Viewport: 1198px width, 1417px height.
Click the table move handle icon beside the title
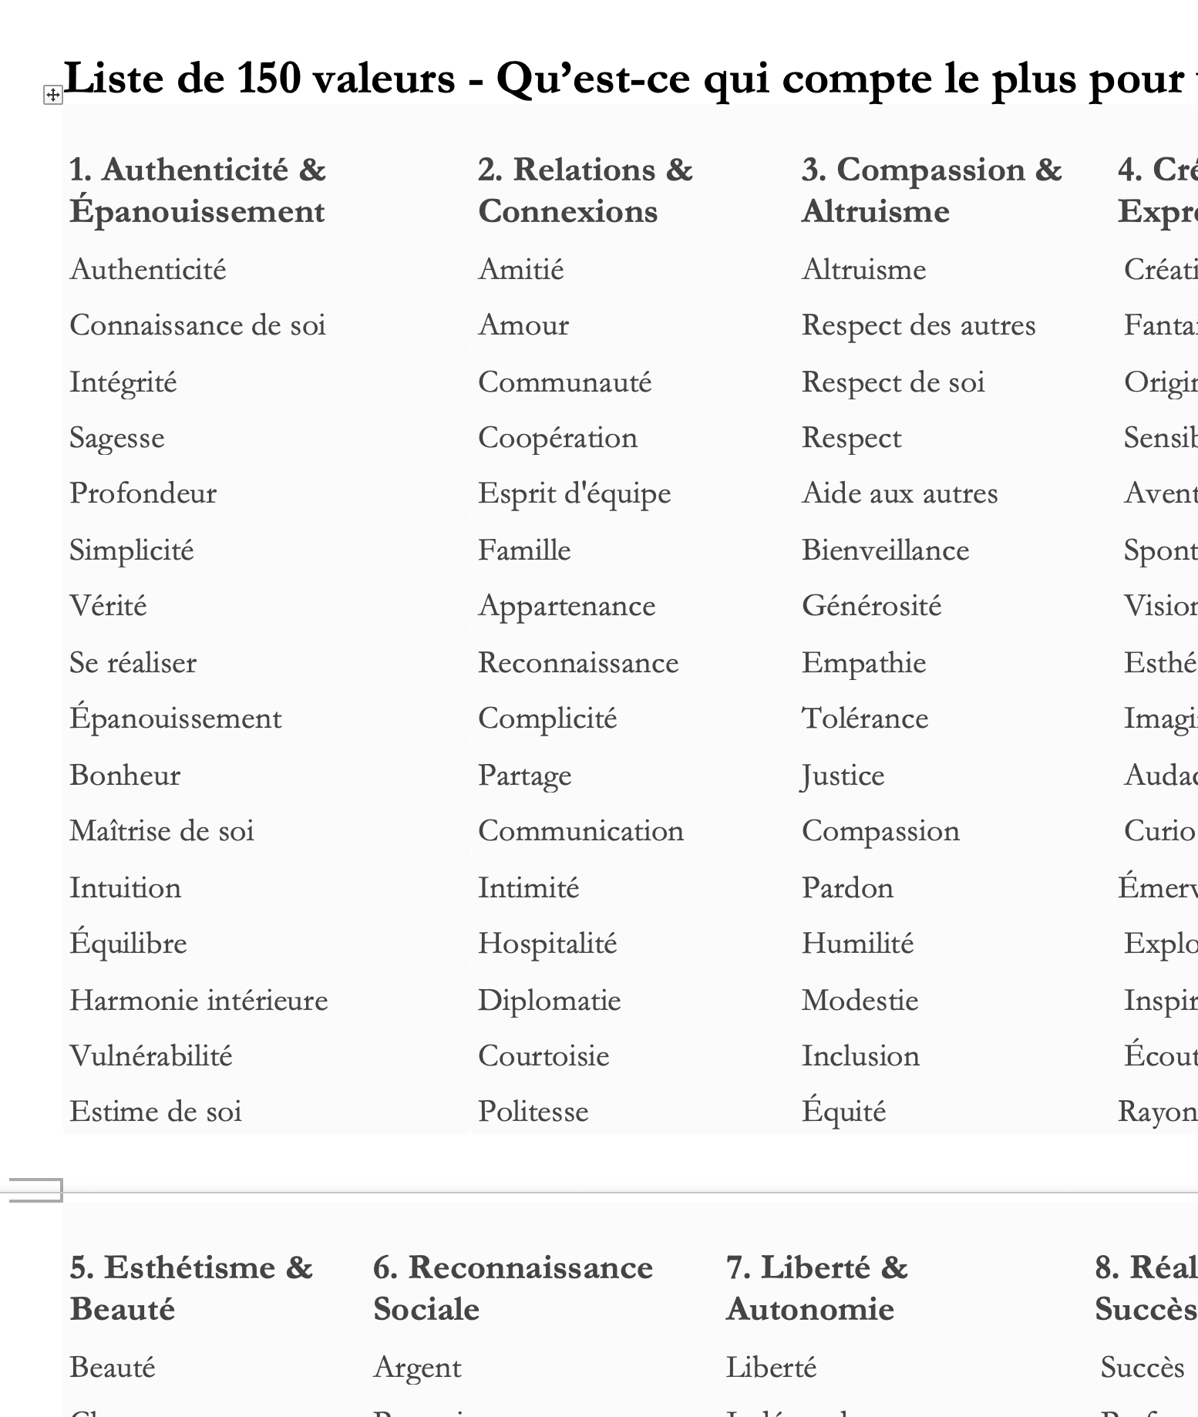52,95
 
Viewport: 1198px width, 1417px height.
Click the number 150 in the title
268,78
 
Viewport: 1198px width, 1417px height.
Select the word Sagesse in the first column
117,438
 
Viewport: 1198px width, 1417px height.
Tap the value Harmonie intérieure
199,1000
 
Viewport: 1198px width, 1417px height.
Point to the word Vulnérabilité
151,1055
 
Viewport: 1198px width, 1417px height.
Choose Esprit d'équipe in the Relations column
574,494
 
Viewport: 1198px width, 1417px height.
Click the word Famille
524,550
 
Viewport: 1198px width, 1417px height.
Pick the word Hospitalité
547,944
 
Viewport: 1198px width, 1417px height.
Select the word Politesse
533,1112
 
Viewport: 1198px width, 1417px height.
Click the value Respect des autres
918,325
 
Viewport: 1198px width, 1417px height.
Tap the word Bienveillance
885,550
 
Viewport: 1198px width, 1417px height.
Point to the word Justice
843,776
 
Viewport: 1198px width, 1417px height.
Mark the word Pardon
847,887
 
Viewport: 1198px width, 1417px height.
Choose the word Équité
843,1112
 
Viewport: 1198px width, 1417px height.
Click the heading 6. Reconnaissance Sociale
513,1288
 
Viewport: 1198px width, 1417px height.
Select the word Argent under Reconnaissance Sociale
417,1368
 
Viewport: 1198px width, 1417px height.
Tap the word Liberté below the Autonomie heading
771,1368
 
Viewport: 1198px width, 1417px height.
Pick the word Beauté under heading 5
113,1368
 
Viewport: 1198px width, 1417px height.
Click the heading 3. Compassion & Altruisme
931,190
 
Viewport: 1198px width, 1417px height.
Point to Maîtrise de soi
162,831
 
